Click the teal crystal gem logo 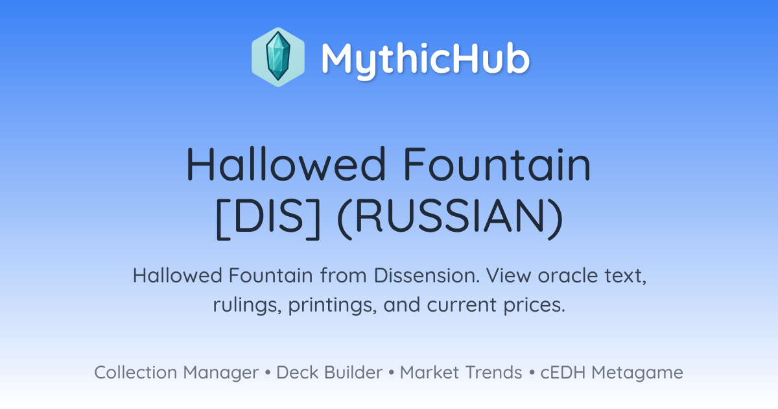pyautogui.click(x=278, y=57)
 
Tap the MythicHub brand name pyautogui.click(x=425, y=60)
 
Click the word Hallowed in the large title pyautogui.click(x=286, y=164)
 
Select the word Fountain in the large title pyautogui.click(x=497, y=164)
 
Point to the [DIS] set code pyautogui.click(x=268, y=218)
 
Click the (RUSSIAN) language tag pyautogui.click(x=450, y=218)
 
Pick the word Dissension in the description pyautogui.click(x=427, y=275)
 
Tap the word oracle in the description pyautogui.click(x=567, y=275)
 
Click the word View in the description pyautogui.click(x=508, y=275)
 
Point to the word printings pyautogui.click(x=333, y=305)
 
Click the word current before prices pyautogui.click(x=462, y=305)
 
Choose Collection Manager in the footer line pyautogui.click(x=176, y=373)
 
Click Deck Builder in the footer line pyautogui.click(x=329, y=373)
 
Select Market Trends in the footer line pyautogui.click(x=461, y=373)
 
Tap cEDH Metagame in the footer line pyautogui.click(x=611, y=373)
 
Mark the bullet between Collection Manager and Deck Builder pyautogui.click(x=267, y=373)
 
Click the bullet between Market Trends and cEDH pyautogui.click(x=532, y=373)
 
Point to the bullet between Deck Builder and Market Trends pyautogui.click(x=392, y=373)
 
